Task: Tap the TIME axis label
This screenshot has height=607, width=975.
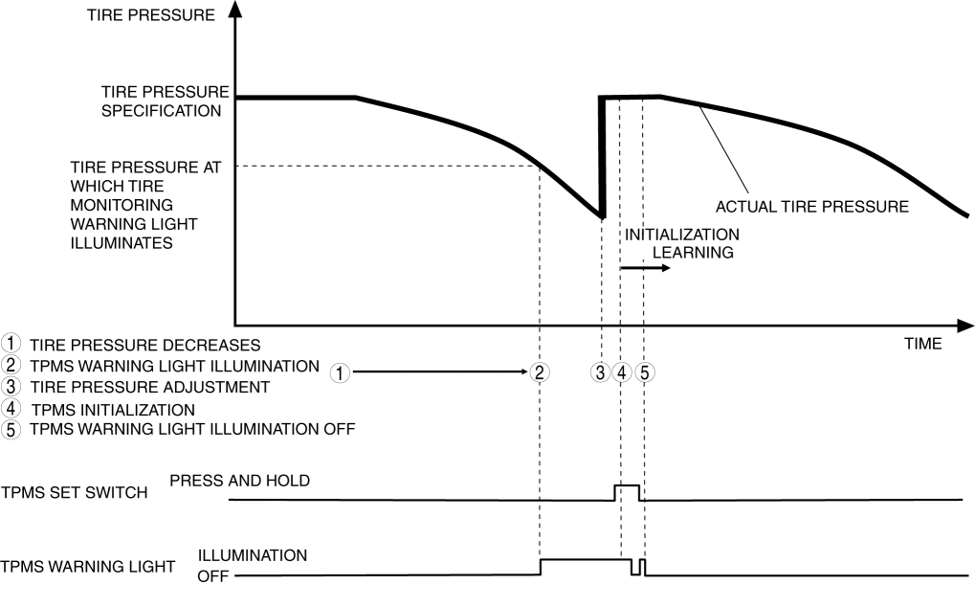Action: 922,343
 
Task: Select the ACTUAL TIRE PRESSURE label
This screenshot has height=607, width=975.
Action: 811,205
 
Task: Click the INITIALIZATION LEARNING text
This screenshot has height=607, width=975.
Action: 681,243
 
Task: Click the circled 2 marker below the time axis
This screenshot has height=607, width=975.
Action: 540,372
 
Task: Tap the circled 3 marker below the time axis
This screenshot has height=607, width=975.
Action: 601,372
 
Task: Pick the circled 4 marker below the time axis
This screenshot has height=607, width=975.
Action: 622,372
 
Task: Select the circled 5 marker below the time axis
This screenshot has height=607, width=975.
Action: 644,372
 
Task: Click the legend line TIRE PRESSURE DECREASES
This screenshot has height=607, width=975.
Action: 144,344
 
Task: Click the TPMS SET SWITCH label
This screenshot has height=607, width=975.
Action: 74,493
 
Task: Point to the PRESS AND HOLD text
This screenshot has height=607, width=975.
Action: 239,481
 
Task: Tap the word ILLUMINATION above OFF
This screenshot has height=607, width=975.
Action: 253,555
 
